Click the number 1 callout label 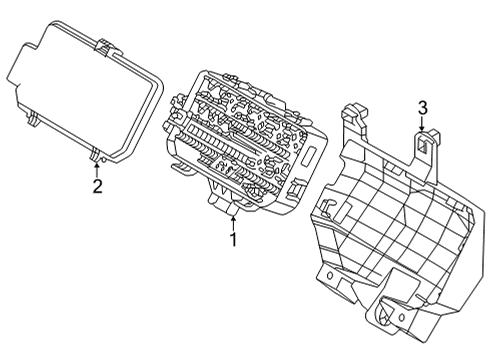pos(233,240)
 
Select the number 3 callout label pos(422,108)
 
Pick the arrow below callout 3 pos(422,126)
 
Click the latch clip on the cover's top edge pos(104,46)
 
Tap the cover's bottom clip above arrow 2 pos(96,153)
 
